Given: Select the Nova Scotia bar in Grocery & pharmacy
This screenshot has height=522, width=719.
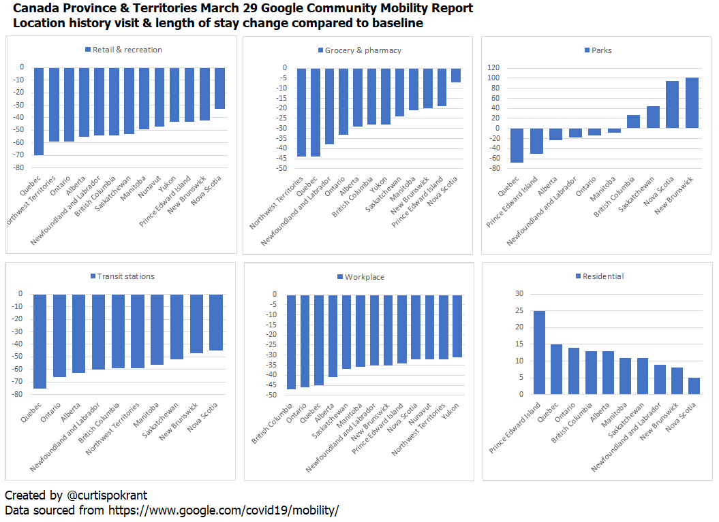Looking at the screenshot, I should click(x=456, y=75).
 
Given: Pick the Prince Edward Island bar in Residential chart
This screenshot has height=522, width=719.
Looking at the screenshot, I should click(x=540, y=353).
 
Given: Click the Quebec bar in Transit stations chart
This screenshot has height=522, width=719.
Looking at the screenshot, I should click(x=40, y=341).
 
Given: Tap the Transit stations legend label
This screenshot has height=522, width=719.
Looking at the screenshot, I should click(x=125, y=276).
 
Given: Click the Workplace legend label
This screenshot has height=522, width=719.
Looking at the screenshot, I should click(x=364, y=277).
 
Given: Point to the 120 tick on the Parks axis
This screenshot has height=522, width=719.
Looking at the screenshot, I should click(x=493, y=68).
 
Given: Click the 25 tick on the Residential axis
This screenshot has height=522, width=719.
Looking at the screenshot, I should click(x=519, y=310).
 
